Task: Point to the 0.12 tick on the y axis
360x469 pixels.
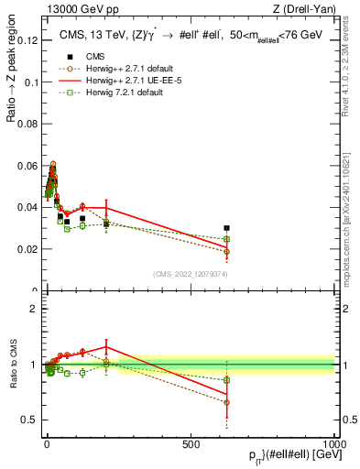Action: [x=27, y=40]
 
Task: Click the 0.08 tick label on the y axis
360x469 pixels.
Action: [x=27, y=124]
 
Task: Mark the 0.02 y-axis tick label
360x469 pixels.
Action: [x=27, y=249]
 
